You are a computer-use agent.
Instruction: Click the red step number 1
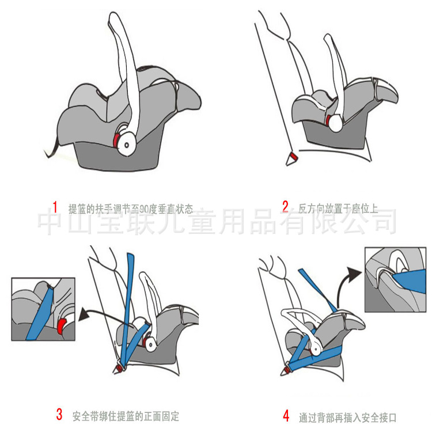[55, 207]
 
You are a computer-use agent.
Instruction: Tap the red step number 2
[286, 207]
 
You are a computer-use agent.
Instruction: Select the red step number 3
[59, 414]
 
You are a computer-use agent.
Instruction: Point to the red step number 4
[286, 416]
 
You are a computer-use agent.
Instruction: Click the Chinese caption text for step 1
[131, 209]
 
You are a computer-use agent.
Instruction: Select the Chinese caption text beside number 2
[338, 209]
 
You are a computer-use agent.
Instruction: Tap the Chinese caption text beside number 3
[126, 416]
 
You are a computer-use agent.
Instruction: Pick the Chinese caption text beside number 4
[348, 418]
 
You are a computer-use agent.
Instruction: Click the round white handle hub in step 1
[127, 144]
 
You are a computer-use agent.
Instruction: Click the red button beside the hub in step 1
[116, 141]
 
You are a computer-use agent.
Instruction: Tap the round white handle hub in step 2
[335, 123]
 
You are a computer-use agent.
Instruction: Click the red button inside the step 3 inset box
[61, 325]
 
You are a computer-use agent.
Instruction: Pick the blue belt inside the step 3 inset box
[39, 314]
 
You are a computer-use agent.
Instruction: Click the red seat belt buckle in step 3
[120, 368]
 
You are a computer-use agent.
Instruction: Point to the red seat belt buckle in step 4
[287, 370]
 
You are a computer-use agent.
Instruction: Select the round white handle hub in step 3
[150, 344]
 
